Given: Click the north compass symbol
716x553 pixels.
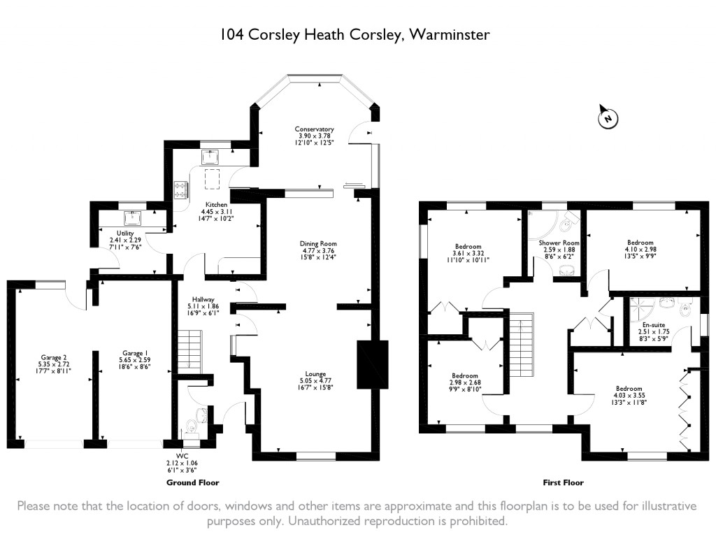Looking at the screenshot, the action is [x=608, y=118].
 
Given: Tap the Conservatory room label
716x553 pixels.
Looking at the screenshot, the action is [x=314, y=129].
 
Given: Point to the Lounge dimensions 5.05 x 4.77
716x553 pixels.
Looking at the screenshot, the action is [x=315, y=381].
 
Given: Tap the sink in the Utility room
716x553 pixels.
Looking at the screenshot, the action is [x=132, y=217].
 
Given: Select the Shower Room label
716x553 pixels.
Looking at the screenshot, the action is [x=559, y=243].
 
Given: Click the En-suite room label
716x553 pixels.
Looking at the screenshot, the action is [x=654, y=324].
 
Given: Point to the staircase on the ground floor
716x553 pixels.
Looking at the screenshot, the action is [x=189, y=350].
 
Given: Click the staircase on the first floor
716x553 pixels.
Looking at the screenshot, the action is [x=521, y=345].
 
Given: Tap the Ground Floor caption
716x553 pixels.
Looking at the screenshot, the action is [x=193, y=482].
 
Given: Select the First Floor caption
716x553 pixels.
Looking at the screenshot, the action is [x=563, y=482].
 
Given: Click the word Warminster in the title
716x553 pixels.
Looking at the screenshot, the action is [x=450, y=35].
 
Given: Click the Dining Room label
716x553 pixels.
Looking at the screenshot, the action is [x=318, y=243].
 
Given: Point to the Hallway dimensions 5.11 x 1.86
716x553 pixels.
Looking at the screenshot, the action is [x=203, y=306].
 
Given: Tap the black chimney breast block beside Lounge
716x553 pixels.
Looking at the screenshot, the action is [x=372, y=364].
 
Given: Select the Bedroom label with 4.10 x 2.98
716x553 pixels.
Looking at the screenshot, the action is [x=640, y=243].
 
